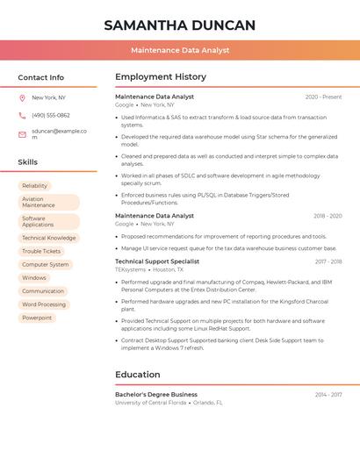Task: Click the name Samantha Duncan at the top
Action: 180,25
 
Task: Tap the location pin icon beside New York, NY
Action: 22,97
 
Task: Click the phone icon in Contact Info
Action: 22,115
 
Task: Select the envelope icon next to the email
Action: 22,134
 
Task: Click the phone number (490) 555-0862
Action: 50,115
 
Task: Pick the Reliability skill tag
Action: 35,186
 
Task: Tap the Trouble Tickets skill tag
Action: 41,251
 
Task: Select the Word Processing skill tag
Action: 44,304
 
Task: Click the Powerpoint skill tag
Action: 37,318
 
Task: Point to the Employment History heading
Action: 161,77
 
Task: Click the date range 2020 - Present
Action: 323,97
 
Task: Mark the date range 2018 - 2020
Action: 328,216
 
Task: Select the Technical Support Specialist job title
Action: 157,261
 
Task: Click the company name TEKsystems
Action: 131,270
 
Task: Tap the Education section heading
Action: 137,375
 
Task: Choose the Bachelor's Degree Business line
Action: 156,395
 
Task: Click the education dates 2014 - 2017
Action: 328,395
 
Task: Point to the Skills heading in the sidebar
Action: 28,162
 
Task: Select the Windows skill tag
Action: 34,277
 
